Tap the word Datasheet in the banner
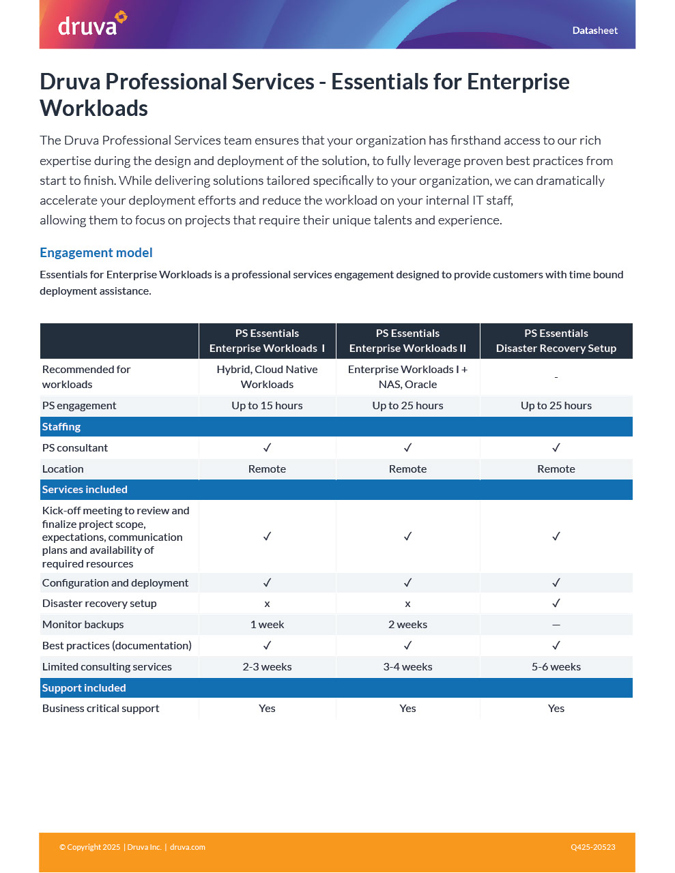[x=594, y=31]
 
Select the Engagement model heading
[x=96, y=253]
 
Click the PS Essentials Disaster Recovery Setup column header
[x=556, y=341]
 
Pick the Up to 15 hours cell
[x=267, y=406]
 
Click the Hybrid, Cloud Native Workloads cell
[x=267, y=377]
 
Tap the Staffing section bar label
[x=61, y=427]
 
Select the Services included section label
[x=85, y=490]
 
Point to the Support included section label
[x=84, y=688]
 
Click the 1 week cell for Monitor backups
[x=267, y=625]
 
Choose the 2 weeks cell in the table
[x=407, y=625]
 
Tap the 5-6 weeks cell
[x=556, y=667]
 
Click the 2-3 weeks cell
[x=267, y=667]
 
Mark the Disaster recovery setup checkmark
[x=556, y=604]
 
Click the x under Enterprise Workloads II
[x=407, y=604]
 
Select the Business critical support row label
[x=100, y=709]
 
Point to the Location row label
[x=63, y=469]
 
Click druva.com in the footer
[x=188, y=847]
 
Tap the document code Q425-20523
[x=592, y=847]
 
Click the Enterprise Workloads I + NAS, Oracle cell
[x=407, y=377]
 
